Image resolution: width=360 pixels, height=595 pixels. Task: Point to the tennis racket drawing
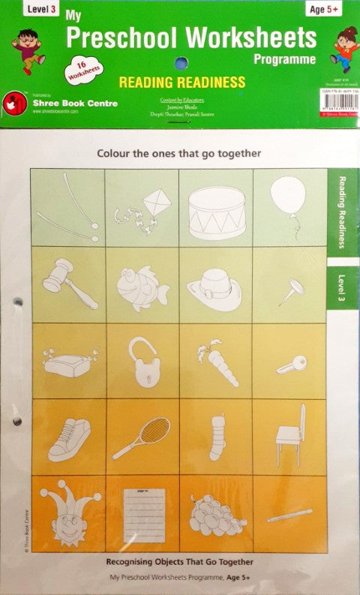(x=142, y=437)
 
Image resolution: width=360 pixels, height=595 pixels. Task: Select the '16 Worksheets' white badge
(x=85, y=68)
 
